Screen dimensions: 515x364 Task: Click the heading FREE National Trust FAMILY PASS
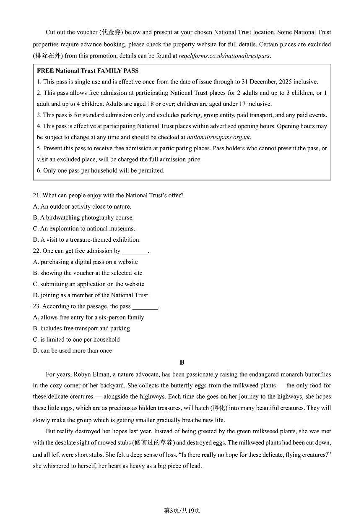(88, 71)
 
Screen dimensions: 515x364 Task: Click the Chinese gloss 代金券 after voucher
(111, 32)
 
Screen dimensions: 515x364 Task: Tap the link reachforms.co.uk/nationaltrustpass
(224, 55)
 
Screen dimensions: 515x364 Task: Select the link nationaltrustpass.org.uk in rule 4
(218, 137)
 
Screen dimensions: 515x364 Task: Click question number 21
(37, 195)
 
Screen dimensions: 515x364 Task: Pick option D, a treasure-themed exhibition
(86, 240)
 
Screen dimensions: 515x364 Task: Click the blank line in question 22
(135, 251)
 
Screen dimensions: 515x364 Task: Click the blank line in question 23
(145, 306)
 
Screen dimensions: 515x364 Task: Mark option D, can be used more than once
(73, 350)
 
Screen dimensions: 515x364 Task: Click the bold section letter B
(182, 362)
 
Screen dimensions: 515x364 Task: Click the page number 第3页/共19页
(182, 510)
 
